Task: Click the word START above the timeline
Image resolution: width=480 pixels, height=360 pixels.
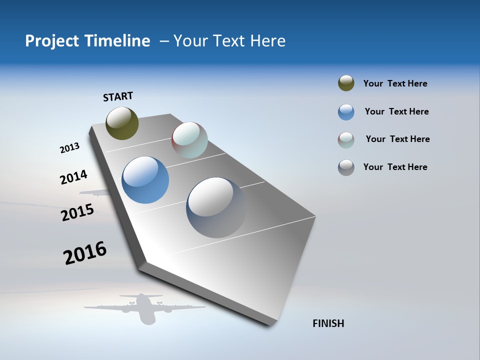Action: pyautogui.click(x=118, y=96)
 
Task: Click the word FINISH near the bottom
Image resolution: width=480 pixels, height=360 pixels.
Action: pyautogui.click(x=328, y=323)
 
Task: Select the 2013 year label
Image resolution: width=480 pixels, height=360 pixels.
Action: pyautogui.click(x=69, y=148)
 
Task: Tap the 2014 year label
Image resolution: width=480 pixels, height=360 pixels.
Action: pyautogui.click(x=73, y=177)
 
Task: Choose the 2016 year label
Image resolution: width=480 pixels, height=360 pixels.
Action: pyautogui.click(x=85, y=253)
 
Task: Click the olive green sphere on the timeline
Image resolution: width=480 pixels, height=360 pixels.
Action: pyautogui.click(x=122, y=123)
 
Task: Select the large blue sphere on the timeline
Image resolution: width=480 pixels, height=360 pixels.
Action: pyautogui.click(x=145, y=180)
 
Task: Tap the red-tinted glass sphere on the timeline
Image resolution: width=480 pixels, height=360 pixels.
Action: pyautogui.click(x=189, y=140)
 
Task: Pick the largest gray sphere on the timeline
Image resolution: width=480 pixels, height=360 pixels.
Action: pyautogui.click(x=216, y=207)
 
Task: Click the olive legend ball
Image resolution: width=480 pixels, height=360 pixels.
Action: pyautogui.click(x=346, y=83)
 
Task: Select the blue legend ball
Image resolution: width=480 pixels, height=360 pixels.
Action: pyautogui.click(x=346, y=112)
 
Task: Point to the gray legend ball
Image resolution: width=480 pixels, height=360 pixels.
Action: pyautogui.click(x=346, y=167)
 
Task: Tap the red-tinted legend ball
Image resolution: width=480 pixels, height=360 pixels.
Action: pyautogui.click(x=346, y=140)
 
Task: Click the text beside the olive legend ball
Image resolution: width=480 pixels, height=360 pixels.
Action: pyautogui.click(x=395, y=83)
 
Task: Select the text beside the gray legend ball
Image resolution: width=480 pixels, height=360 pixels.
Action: pyautogui.click(x=395, y=167)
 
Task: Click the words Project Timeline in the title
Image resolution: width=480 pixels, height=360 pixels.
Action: pyautogui.click(x=87, y=41)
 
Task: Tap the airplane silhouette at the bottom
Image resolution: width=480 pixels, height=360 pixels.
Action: pyautogui.click(x=144, y=307)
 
